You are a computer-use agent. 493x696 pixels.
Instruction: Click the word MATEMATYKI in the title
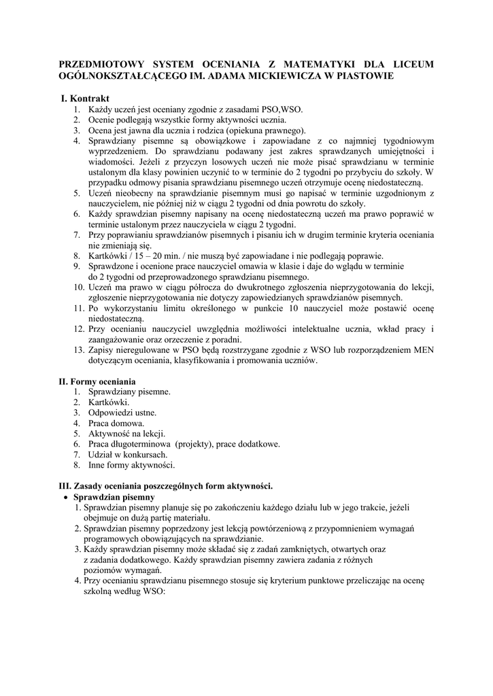coord(312,64)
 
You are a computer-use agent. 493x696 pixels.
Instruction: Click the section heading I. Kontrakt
coord(85,99)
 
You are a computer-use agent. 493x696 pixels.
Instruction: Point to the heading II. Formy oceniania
coord(97,381)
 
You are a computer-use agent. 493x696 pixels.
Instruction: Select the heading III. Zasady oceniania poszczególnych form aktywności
coord(166,486)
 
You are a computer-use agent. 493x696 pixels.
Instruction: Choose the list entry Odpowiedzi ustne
coord(122,413)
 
